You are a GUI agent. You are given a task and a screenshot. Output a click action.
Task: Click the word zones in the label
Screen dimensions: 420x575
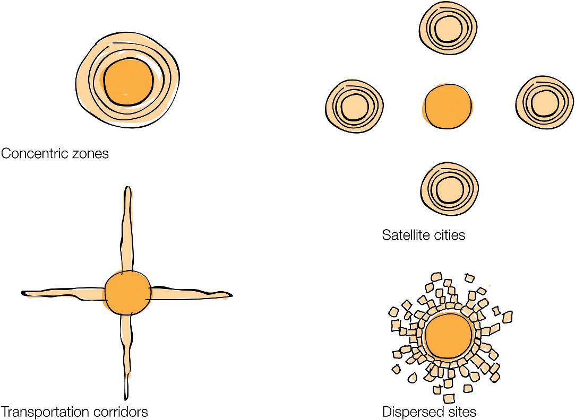click(91, 154)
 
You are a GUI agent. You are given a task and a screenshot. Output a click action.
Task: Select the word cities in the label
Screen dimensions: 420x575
click(450, 234)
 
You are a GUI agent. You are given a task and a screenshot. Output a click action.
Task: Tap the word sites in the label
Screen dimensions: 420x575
click(459, 412)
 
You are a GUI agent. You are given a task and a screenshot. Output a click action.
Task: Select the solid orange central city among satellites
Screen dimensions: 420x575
click(448, 106)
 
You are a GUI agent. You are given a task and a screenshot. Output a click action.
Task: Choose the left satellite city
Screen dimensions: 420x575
click(354, 107)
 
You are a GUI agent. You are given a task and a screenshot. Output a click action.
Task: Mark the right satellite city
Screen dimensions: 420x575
click(544, 104)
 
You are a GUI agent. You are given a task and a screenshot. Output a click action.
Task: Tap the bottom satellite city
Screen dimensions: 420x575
click(449, 188)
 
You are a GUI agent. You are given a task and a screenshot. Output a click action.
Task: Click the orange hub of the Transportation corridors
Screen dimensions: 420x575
click(127, 293)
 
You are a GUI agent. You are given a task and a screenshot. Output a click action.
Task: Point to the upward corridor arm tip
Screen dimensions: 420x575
click(127, 190)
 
